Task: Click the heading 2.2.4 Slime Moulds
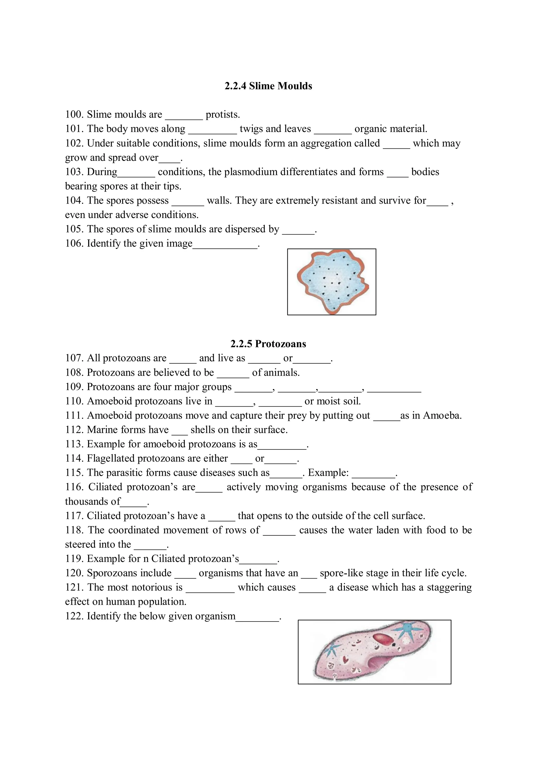pyautogui.click(x=268, y=86)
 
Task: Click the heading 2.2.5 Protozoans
pyautogui.click(x=268, y=344)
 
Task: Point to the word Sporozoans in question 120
pyautogui.click(x=129, y=573)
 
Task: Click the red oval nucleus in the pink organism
pyautogui.click(x=382, y=639)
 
